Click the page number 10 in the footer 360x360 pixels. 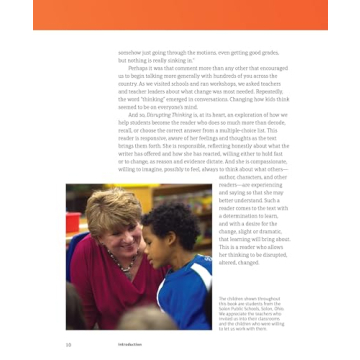click(x=68, y=342)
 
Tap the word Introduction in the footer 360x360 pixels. click(x=127, y=342)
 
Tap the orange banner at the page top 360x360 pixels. click(x=180, y=15)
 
